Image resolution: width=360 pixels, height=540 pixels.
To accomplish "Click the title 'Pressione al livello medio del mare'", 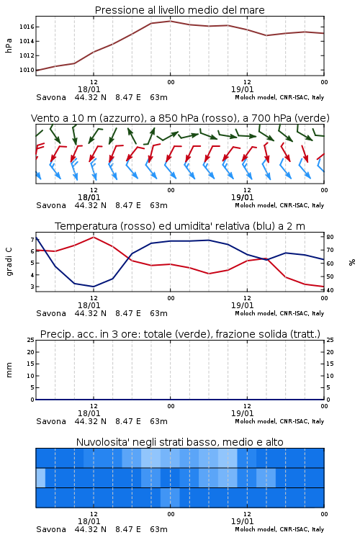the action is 179,10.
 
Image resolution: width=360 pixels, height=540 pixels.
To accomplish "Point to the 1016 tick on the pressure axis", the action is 27,27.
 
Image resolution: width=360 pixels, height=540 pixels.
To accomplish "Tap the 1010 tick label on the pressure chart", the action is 27,70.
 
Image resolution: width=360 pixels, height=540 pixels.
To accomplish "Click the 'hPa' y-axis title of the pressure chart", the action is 9,45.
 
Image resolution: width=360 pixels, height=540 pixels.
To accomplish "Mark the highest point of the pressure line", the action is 170,21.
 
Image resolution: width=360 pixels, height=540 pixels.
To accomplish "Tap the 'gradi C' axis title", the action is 9,261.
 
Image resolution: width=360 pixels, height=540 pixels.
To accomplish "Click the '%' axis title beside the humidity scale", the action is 352,262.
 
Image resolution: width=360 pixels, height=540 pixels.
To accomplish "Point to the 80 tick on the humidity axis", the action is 330,237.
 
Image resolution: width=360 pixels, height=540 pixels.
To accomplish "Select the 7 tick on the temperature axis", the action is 32,239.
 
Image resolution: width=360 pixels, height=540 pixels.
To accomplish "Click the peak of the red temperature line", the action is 94,237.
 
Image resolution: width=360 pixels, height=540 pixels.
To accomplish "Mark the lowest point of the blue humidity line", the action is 94,287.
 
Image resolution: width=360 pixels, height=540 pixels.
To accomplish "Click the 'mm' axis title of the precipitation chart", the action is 9,369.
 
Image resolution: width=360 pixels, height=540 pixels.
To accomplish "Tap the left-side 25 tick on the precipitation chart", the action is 31,340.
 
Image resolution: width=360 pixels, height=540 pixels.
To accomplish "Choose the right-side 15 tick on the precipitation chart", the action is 330,364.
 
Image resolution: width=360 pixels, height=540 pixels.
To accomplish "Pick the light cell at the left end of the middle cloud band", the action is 40,477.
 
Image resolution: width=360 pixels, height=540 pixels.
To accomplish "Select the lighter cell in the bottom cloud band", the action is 170,498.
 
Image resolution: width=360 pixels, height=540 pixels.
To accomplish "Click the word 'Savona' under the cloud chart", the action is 51,529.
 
